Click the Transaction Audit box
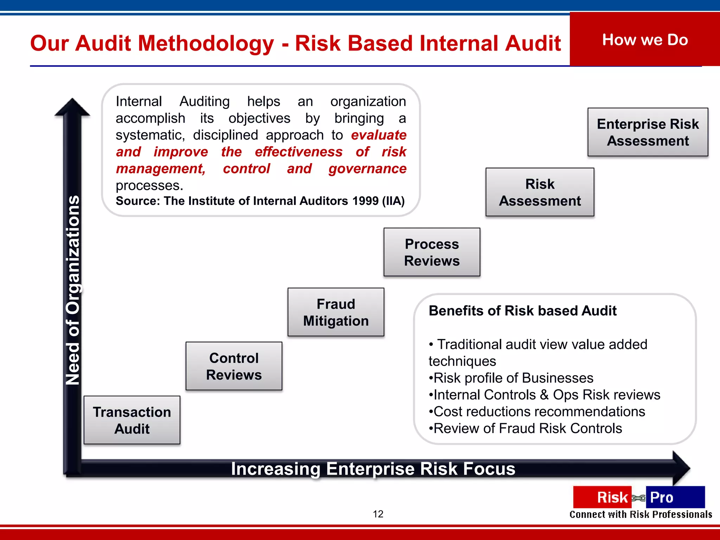132,420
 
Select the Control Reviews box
234,366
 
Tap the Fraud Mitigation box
336,312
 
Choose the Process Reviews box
432,252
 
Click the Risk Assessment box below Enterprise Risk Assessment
540,192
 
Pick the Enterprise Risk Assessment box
648,132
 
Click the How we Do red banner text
645,40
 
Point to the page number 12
378,514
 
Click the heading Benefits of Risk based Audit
522,311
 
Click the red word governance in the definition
367,169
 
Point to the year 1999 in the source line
365,201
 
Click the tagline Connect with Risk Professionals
641,515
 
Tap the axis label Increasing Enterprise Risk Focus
373,469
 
